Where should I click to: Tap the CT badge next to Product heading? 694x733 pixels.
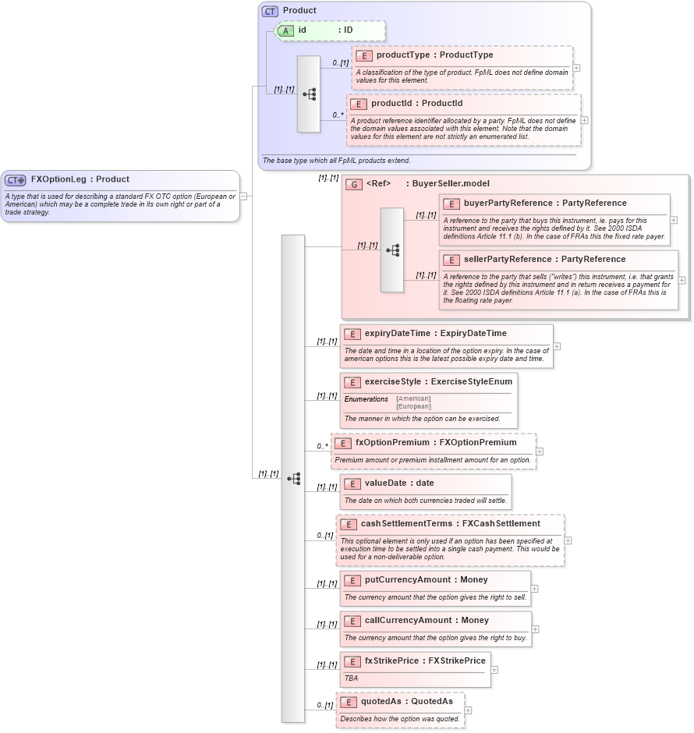tap(270, 11)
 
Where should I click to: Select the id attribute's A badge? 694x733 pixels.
tap(286, 31)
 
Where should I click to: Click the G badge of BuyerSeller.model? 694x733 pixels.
tap(353, 184)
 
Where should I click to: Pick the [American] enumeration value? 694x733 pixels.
tap(413, 398)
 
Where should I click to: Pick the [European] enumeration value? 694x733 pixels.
tap(413, 406)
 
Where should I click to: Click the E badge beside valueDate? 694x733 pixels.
tap(352, 483)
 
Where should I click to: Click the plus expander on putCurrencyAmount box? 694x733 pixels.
tap(535, 589)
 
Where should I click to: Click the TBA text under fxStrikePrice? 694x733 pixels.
tap(352, 678)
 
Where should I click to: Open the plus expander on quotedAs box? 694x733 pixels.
tap(468, 710)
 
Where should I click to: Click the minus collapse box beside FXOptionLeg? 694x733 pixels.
tap(244, 196)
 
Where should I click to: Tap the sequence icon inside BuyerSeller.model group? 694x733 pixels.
tap(392, 250)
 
